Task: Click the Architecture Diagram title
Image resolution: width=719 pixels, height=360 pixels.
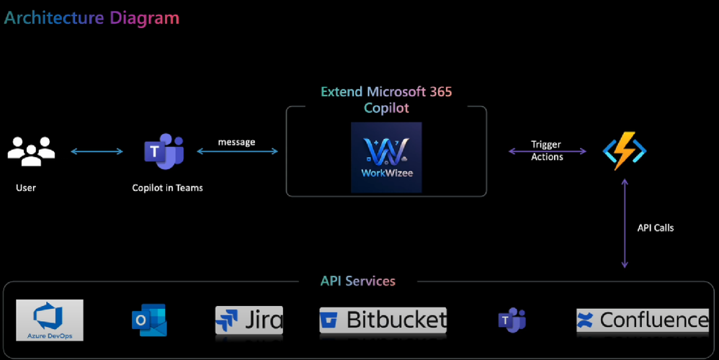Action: pyautogui.click(x=91, y=17)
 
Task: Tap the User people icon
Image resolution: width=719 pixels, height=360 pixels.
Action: pyautogui.click(x=31, y=150)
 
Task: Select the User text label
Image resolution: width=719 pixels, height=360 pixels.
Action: pyautogui.click(x=26, y=188)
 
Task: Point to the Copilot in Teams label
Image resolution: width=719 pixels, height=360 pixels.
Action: pyautogui.click(x=167, y=188)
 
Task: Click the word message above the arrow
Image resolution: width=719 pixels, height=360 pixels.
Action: pyautogui.click(x=236, y=142)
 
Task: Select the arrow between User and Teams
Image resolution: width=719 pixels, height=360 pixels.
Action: pyautogui.click(x=97, y=151)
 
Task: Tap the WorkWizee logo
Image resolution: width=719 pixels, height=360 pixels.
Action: pyautogui.click(x=386, y=157)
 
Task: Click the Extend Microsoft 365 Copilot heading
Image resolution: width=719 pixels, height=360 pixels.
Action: pyautogui.click(x=386, y=100)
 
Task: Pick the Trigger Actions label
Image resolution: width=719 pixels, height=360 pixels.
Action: pyautogui.click(x=547, y=150)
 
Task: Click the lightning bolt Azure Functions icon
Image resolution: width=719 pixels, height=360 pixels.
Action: pyautogui.click(x=625, y=150)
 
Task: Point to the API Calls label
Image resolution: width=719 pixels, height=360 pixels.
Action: pyautogui.click(x=656, y=228)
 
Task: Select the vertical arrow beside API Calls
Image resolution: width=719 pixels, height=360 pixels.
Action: pyautogui.click(x=625, y=223)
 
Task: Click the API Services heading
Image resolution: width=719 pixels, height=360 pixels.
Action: pyautogui.click(x=358, y=281)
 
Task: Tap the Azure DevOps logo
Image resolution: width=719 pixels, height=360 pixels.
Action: pyautogui.click(x=50, y=320)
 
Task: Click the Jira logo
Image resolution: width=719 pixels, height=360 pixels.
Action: pyautogui.click(x=249, y=320)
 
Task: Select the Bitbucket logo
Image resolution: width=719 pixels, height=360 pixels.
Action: pyautogui.click(x=383, y=320)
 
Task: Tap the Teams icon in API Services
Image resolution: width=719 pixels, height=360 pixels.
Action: pyautogui.click(x=512, y=320)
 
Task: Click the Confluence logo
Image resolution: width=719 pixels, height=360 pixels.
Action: pyautogui.click(x=643, y=320)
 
